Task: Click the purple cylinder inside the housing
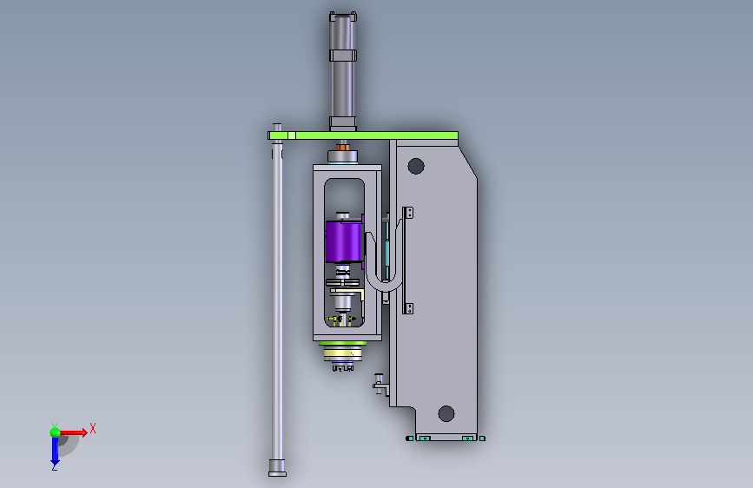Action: (343, 241)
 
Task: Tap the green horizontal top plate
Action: (363, 135)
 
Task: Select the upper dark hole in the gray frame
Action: (416, 166)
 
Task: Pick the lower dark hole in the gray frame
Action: (446, 413)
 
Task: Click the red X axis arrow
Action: (73, 432)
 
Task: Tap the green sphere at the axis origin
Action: (56, 432)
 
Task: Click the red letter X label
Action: (93, 428)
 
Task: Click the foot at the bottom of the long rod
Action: (277, 468)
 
